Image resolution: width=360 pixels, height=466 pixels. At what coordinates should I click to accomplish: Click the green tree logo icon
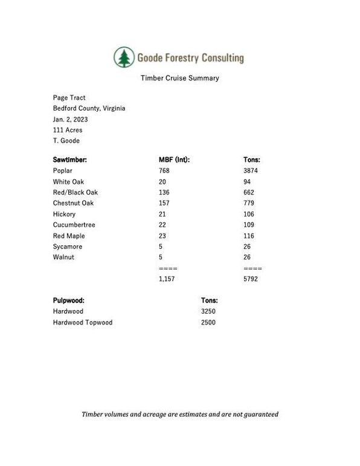click(x=124, y=58)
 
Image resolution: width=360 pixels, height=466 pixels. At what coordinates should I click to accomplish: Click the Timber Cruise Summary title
click(x=179, y=78)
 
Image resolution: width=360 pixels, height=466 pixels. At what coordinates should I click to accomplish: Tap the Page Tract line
click(x=69, y=97)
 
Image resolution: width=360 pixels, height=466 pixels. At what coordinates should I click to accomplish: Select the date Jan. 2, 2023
click(x=70, y=119)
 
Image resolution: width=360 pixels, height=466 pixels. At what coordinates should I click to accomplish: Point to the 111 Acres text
click(x=68, y=130)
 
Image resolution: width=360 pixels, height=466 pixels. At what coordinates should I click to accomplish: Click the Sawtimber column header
click(x=70, y=160)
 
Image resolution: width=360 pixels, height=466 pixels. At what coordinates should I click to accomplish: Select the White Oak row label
click(x=69, y=182)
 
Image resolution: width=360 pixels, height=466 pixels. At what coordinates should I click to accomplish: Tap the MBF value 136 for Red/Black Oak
click(x=164, y=193)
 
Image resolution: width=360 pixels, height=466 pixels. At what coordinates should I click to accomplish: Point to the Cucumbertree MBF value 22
click(x=162, y=225)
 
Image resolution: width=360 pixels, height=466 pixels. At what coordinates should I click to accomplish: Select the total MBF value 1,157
click(x=167, y=280)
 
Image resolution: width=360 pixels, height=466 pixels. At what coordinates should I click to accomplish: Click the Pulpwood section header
click(x=69, y=300)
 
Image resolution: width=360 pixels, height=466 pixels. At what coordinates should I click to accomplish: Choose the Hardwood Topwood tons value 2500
click(x=208, y=323)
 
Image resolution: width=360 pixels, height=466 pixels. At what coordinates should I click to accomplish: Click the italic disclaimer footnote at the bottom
click(x=180, y=415)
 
